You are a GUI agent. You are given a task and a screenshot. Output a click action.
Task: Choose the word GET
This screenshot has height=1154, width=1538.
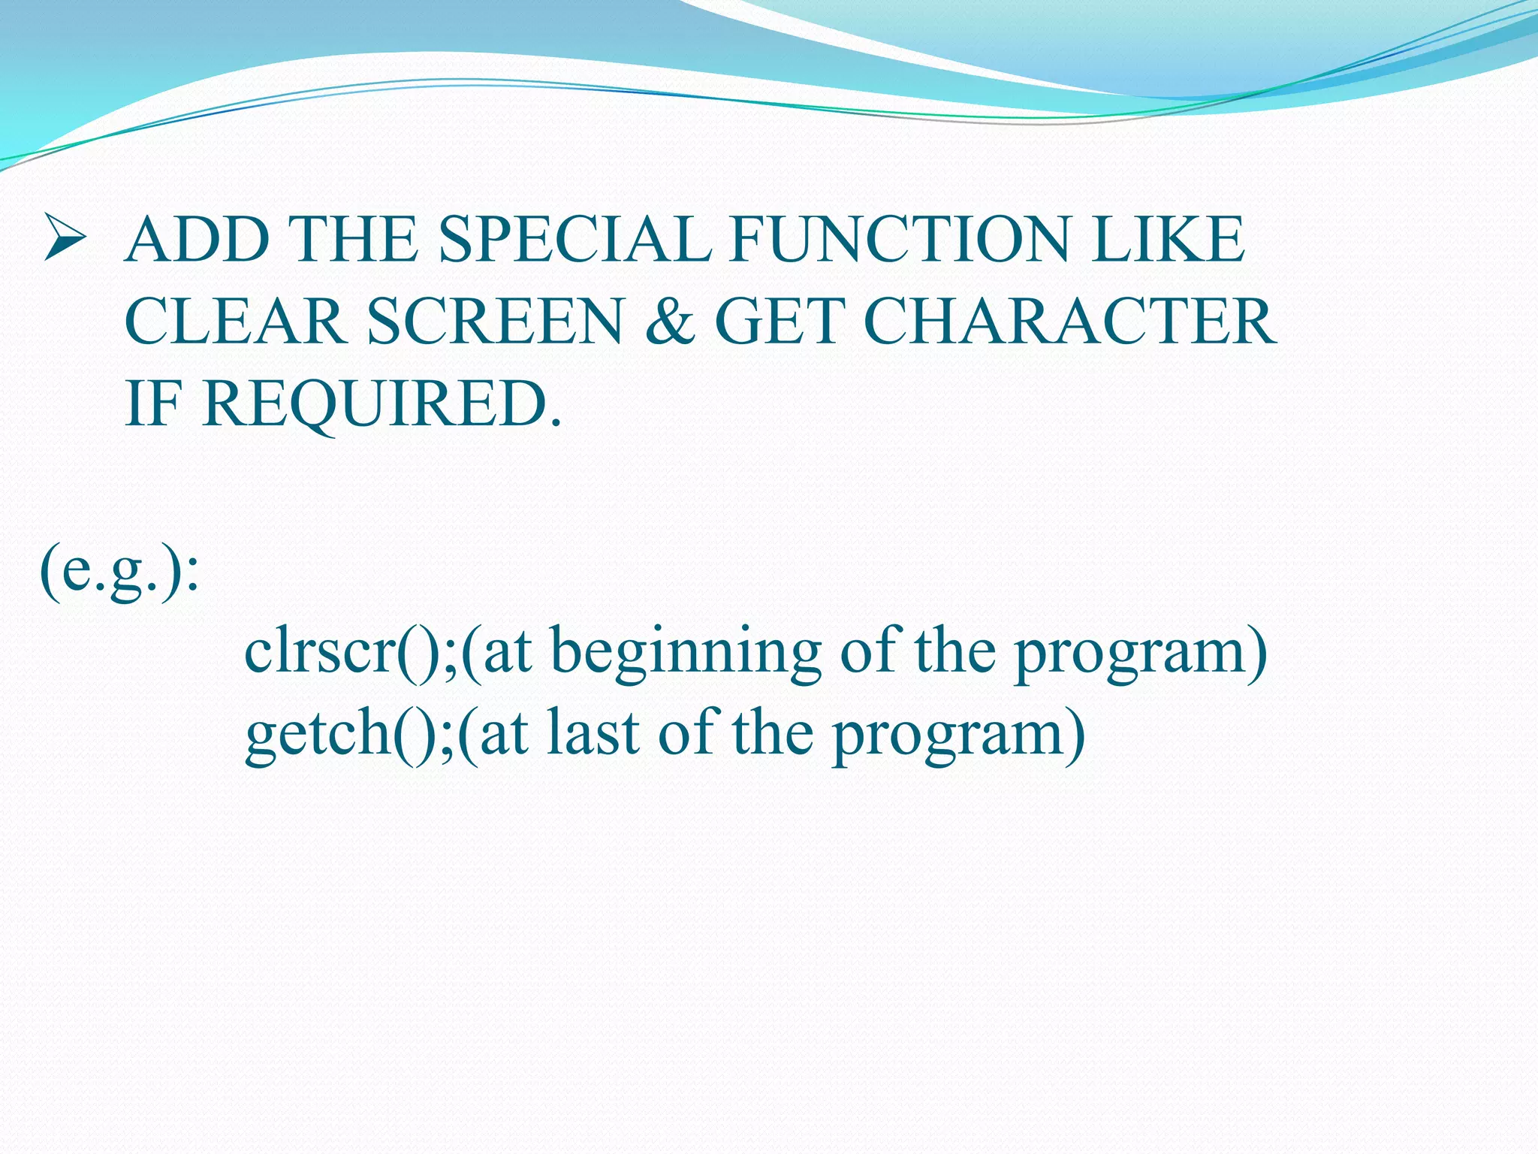click(777, 322)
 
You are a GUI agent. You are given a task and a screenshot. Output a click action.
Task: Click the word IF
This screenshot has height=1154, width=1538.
click(154, 404)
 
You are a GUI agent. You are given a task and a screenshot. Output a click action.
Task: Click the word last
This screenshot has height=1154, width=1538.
click(593, 733)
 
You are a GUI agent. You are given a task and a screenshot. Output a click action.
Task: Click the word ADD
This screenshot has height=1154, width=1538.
click(198, 240)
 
